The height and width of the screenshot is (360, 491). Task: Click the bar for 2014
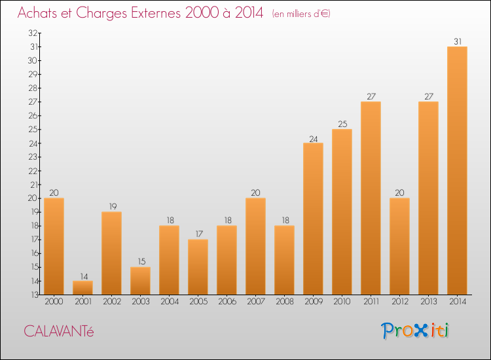pyautogui.click(x=457, y=170)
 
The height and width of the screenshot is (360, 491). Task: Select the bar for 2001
pyautogui.click(x=82, y=287)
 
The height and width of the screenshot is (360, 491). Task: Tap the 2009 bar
pyautogui.click(x=313, y=219)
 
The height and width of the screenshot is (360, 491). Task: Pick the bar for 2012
pyautogui.click(x=399, y=246)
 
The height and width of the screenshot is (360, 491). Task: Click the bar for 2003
pyautogui.click(x=140, y=281)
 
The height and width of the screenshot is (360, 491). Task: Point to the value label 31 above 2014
pyautogui.click(x=457, y=41)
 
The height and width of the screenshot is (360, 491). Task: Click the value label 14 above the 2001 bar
pyautogui.click(x=82, y=276)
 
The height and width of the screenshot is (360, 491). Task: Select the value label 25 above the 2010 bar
pyautogui.click(x=342, y=124)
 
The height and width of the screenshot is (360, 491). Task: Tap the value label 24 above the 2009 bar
pyautogui.click(x=313, y=138)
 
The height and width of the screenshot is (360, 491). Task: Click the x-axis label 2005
pyautogui.click(x=198, y=301)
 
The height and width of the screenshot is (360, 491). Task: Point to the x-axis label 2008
pyautogui.click(x=284, y=301)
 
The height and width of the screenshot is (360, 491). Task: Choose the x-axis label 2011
pyautogui.click(x=371, y=301)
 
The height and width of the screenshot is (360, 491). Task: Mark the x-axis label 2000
pyautogui.click(x=54, y=301)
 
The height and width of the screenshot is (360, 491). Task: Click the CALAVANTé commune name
pyautogui.click(x=59, y=331)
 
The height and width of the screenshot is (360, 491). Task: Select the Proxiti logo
pyautogui.click(x=415, y=331)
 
